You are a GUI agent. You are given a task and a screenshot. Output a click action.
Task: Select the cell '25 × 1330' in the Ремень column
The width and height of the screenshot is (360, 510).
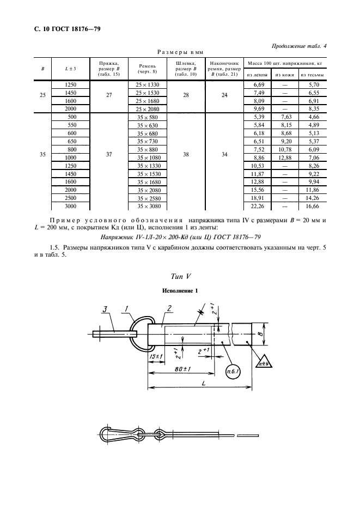(x=147, y=85)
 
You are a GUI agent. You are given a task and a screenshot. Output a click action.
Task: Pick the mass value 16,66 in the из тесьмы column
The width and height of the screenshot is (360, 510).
(x=312, y=207)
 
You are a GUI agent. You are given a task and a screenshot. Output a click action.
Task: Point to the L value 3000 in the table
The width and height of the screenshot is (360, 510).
(x=71, y=207)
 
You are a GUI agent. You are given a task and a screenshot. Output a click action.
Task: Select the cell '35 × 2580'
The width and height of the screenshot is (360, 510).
(x=147, y=198)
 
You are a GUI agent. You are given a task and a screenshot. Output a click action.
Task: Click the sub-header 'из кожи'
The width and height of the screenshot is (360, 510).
(x=285, y=75)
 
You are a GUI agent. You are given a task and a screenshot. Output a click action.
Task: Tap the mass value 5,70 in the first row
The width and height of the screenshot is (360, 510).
(x=312, y=85)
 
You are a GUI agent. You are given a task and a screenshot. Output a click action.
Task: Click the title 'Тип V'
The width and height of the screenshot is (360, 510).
(x=180, y=276)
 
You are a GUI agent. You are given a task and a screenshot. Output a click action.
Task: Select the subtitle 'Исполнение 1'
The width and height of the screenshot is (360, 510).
(x=180, y=292)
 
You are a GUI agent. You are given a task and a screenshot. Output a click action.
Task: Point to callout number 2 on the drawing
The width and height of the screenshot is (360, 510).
(x=169, y=309)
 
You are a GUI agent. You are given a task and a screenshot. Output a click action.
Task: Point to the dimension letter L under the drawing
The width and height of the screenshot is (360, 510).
(x=202, y=384)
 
